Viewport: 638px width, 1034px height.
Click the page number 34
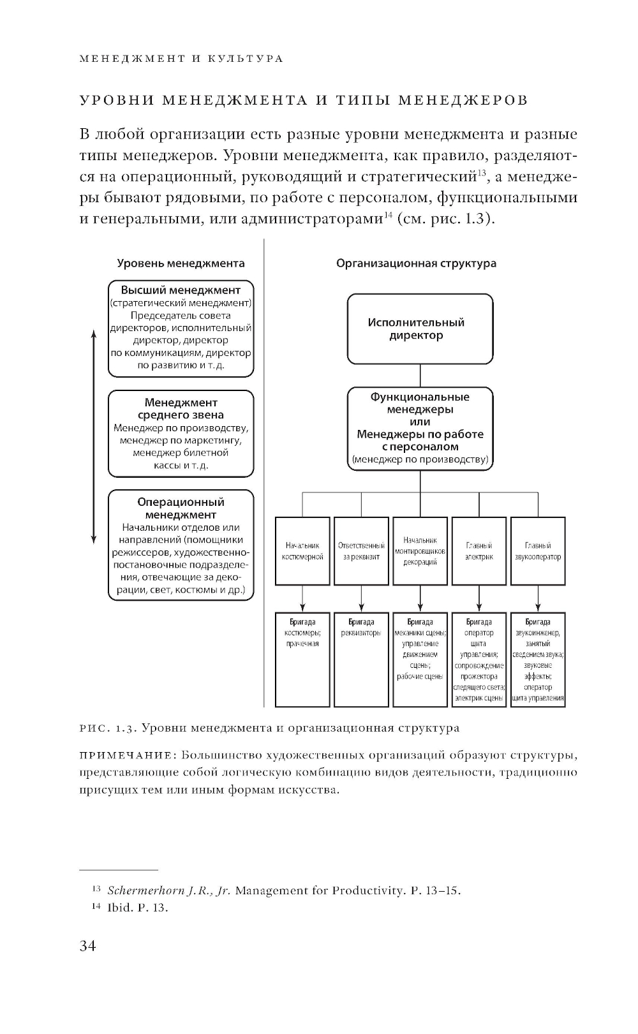click(x=87, y=945)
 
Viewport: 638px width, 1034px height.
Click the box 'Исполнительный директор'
click(x=420, y=329)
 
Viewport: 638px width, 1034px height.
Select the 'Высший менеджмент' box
click(x=181, y=328)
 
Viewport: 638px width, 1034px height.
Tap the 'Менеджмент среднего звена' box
click(x=181, y=434)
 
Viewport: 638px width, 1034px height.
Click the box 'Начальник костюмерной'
click(x=302, y=551)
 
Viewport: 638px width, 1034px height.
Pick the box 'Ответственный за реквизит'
click(x=361, y=551)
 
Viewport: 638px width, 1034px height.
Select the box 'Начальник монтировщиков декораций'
click(x=420, y=551)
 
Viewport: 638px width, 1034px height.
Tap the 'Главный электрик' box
click(x=478, y=551)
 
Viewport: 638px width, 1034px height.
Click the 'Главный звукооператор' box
click(x=538, y=551)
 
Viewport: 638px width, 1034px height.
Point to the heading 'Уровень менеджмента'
click(x=181, y=263)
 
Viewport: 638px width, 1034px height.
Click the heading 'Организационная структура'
click(x=416, y=263)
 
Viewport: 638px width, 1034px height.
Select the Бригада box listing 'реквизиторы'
click(x=361, y=659)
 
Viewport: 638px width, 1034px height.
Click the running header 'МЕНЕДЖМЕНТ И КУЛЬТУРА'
click(x=181, y=59)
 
